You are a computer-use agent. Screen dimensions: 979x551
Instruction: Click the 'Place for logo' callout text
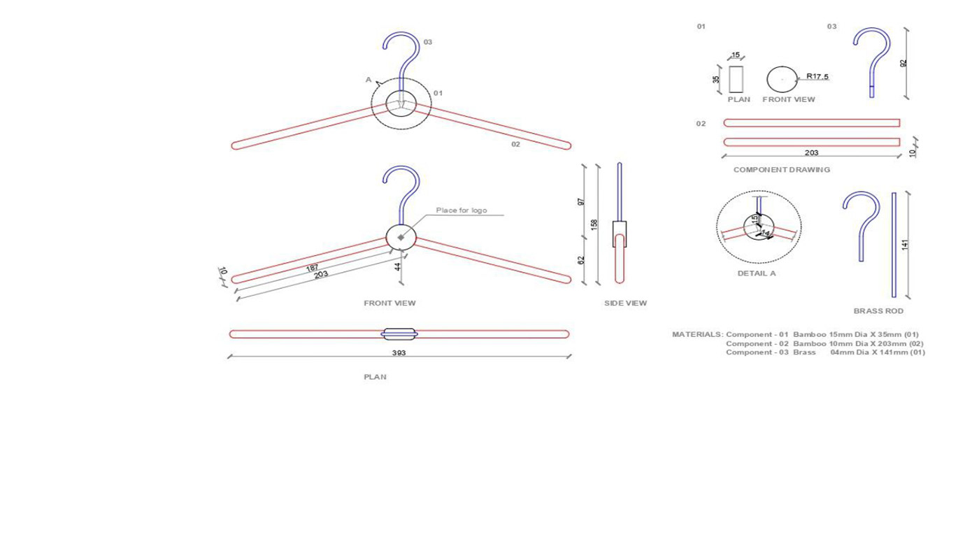pos(461,210)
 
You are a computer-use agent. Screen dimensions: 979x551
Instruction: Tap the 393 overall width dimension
pos(399,353)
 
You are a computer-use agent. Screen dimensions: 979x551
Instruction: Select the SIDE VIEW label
pos(625,303)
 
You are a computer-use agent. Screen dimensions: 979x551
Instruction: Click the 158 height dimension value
pos(594,224)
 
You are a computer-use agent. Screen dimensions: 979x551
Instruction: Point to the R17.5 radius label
pos(817,76)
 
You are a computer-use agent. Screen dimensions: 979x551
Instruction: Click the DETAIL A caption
pos(756,273)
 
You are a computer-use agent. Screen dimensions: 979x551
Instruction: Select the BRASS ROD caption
pos(878,311)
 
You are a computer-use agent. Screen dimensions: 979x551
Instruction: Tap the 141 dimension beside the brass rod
pos(905,245)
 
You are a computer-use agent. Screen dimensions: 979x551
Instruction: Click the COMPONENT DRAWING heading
pos(781,170)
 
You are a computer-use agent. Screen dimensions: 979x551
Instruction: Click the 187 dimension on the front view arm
pos(312,268)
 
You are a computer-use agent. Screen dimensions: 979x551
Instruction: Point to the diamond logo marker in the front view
pos(401,238)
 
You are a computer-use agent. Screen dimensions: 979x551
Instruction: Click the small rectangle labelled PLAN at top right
pos(736,79)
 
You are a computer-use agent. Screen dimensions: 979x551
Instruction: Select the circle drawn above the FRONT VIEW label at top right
pos(782,79)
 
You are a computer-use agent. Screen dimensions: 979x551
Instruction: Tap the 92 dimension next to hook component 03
pos(903,63)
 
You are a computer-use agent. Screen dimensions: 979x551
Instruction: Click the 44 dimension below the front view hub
pos(397,266)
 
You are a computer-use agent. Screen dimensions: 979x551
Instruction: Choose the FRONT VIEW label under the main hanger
pos(390,303)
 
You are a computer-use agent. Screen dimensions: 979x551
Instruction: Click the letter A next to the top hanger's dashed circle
pos(369,80)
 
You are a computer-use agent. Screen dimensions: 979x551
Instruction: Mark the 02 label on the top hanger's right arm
pos(515,144)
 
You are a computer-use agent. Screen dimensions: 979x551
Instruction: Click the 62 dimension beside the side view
pos(580,260)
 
